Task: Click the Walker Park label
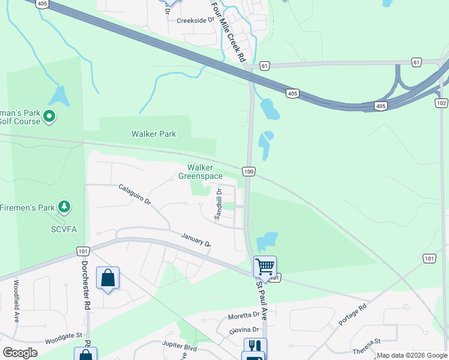tap(154, 134)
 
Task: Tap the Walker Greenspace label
tap(200, 172)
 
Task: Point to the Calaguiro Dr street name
tap(135, 195)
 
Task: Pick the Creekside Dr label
tap(195, 20)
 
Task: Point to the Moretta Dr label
tap(243, 316)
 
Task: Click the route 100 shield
tap(249, 172)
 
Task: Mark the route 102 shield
tap(441, 103)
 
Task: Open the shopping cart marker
tap(265, 266)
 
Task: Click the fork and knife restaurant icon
tap(255, 347)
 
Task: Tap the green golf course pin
tap(49, 115)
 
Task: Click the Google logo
tap(20, 352)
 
